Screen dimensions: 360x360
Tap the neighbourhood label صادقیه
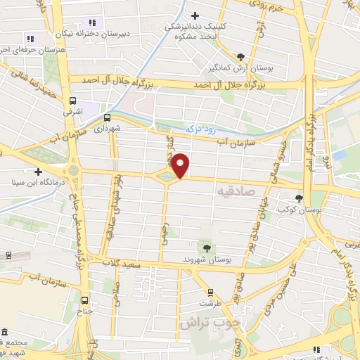(x=235, y=191)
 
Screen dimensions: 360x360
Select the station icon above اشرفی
(x=73, y=101)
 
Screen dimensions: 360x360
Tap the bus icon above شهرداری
(x=108, y=117)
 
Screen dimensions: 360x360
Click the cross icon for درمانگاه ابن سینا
(x=38, y=172)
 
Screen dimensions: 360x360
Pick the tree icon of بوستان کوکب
(x=300, y=198)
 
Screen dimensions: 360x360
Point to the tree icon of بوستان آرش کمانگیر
(x=241, y=56)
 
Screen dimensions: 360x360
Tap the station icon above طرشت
(x=209, y=292)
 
